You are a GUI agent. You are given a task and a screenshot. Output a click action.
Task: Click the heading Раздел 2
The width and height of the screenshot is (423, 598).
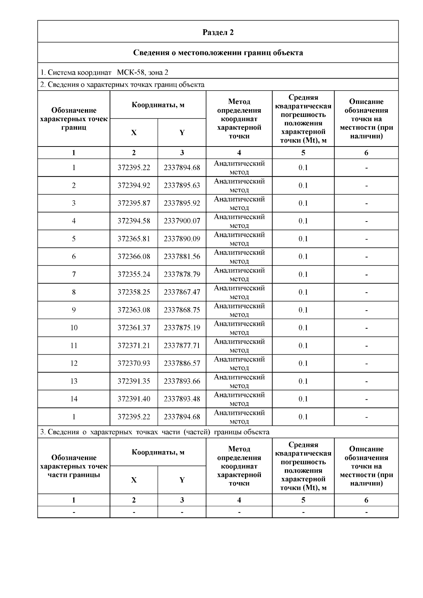[218, 32]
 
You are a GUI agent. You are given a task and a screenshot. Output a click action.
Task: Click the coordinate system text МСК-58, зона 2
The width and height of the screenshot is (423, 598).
[142, 73]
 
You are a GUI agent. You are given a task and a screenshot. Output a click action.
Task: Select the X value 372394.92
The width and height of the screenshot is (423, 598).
[134, 185]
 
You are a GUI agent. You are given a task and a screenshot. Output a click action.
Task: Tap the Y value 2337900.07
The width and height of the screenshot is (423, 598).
[182, 221]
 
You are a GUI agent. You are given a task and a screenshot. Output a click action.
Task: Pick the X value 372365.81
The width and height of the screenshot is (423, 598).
[134, 239]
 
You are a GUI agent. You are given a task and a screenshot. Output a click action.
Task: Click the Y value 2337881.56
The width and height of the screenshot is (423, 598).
[182, 256]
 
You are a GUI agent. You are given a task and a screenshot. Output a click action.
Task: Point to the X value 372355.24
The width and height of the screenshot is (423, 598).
[134, 274]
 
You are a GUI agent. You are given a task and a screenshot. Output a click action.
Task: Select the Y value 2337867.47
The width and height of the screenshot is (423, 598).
[182, 292]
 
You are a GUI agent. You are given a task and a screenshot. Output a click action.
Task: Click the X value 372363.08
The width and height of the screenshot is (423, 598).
[134, 310]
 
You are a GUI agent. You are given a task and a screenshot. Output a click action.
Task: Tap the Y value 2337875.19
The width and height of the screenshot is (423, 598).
[182, 328]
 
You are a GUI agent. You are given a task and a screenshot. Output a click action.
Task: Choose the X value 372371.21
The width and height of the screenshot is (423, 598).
[134, 345]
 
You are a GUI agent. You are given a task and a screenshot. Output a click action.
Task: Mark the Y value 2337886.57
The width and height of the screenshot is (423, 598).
[182, 363]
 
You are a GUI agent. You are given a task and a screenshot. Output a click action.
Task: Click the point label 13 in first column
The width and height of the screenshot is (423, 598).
[74, 381]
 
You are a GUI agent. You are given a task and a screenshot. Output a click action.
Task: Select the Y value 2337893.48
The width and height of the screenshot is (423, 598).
[182, 399]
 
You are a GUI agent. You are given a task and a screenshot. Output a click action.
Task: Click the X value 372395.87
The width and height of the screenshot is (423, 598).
[134, 203]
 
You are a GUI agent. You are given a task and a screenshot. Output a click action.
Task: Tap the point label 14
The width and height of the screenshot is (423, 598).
[74, 399]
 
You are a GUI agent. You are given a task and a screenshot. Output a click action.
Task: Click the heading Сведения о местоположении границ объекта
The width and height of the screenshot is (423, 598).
[218, 53]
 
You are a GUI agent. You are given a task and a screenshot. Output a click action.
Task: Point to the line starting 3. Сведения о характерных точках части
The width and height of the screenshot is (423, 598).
[154, 432]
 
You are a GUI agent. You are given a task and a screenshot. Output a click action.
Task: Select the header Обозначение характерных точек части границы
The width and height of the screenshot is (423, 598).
[74, 466]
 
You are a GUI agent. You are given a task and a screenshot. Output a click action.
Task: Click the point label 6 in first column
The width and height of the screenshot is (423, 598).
[74, 256]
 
